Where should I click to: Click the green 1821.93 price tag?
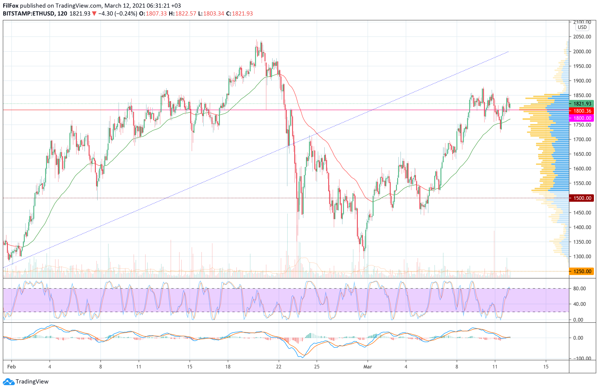pyautogui.click(x=582, y=104)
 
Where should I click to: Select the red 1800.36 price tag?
pyautogui.click(x=582, y=111)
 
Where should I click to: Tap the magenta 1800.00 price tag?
pyautogui.click(x=582, y=118)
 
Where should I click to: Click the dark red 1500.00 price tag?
pyautogui.click(x=582, y=198)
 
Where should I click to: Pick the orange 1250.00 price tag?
pyautogui.click(x=582, y=271)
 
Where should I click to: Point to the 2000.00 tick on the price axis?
pyautogui.click(x=582, y=51)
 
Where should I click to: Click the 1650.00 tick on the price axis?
pyautogui.click(x=582, y=154)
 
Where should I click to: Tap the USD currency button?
pyautogui.click(x=582, y=27)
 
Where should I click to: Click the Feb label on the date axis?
pyautogui.click(x=12, y=367)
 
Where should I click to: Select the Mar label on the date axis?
pyautogui.click(x=368, y=367)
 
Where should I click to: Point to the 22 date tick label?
pyautogui.click(x=279, y=367)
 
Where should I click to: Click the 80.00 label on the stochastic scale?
pyautogui.click(x=579, y=288)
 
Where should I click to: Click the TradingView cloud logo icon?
pyautogui.click(x=9, y=382)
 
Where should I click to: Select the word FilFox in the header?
pyautogui.click(x=11, y=6)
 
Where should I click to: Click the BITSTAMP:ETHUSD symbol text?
pyautogui.click(x=29, y=14)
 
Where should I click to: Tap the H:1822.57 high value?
pyautogui.click(x=182, y=14)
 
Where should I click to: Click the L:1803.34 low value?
pyautogui.click(x=211, y=14)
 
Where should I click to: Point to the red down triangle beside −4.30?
pyautogui.click(x=94, y=14)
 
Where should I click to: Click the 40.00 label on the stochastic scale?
pyautogui.click(x=579, y=304)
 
